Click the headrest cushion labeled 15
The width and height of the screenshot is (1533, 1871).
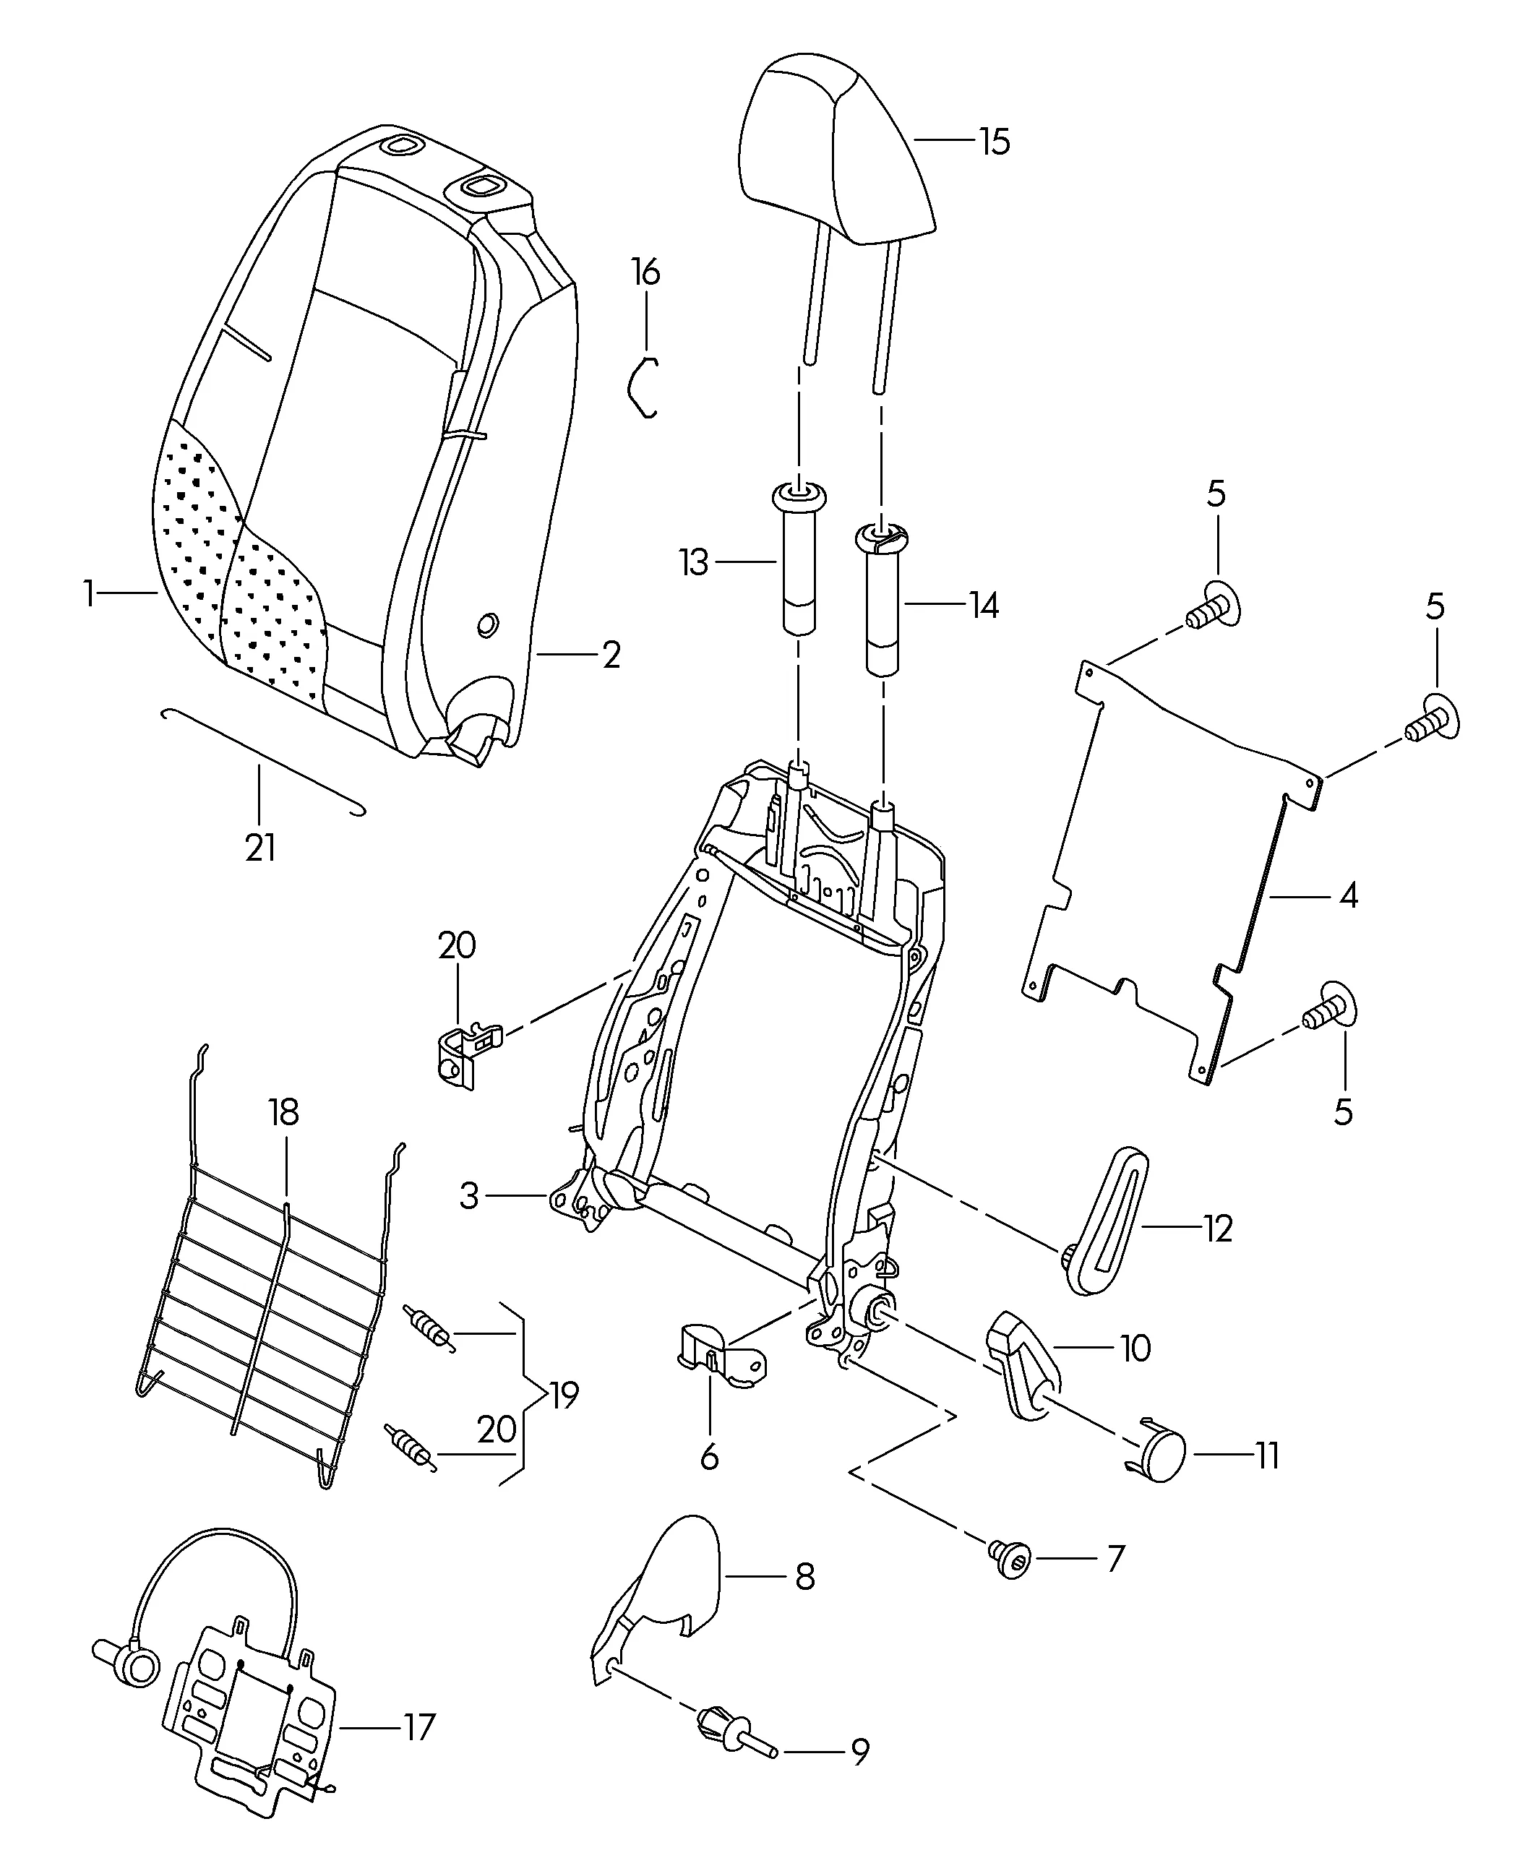coord(835,150)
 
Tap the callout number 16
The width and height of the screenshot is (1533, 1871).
coord(645,273)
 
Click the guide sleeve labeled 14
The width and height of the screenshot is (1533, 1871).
coord(881,609)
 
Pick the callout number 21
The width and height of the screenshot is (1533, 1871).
coord(260,848)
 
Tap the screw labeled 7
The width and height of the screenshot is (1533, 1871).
coord(1011,1560)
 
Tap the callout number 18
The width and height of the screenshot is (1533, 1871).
coord(283,1112)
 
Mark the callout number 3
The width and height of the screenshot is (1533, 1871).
coord(469,1197)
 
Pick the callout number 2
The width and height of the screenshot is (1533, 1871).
coord(611,654)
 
